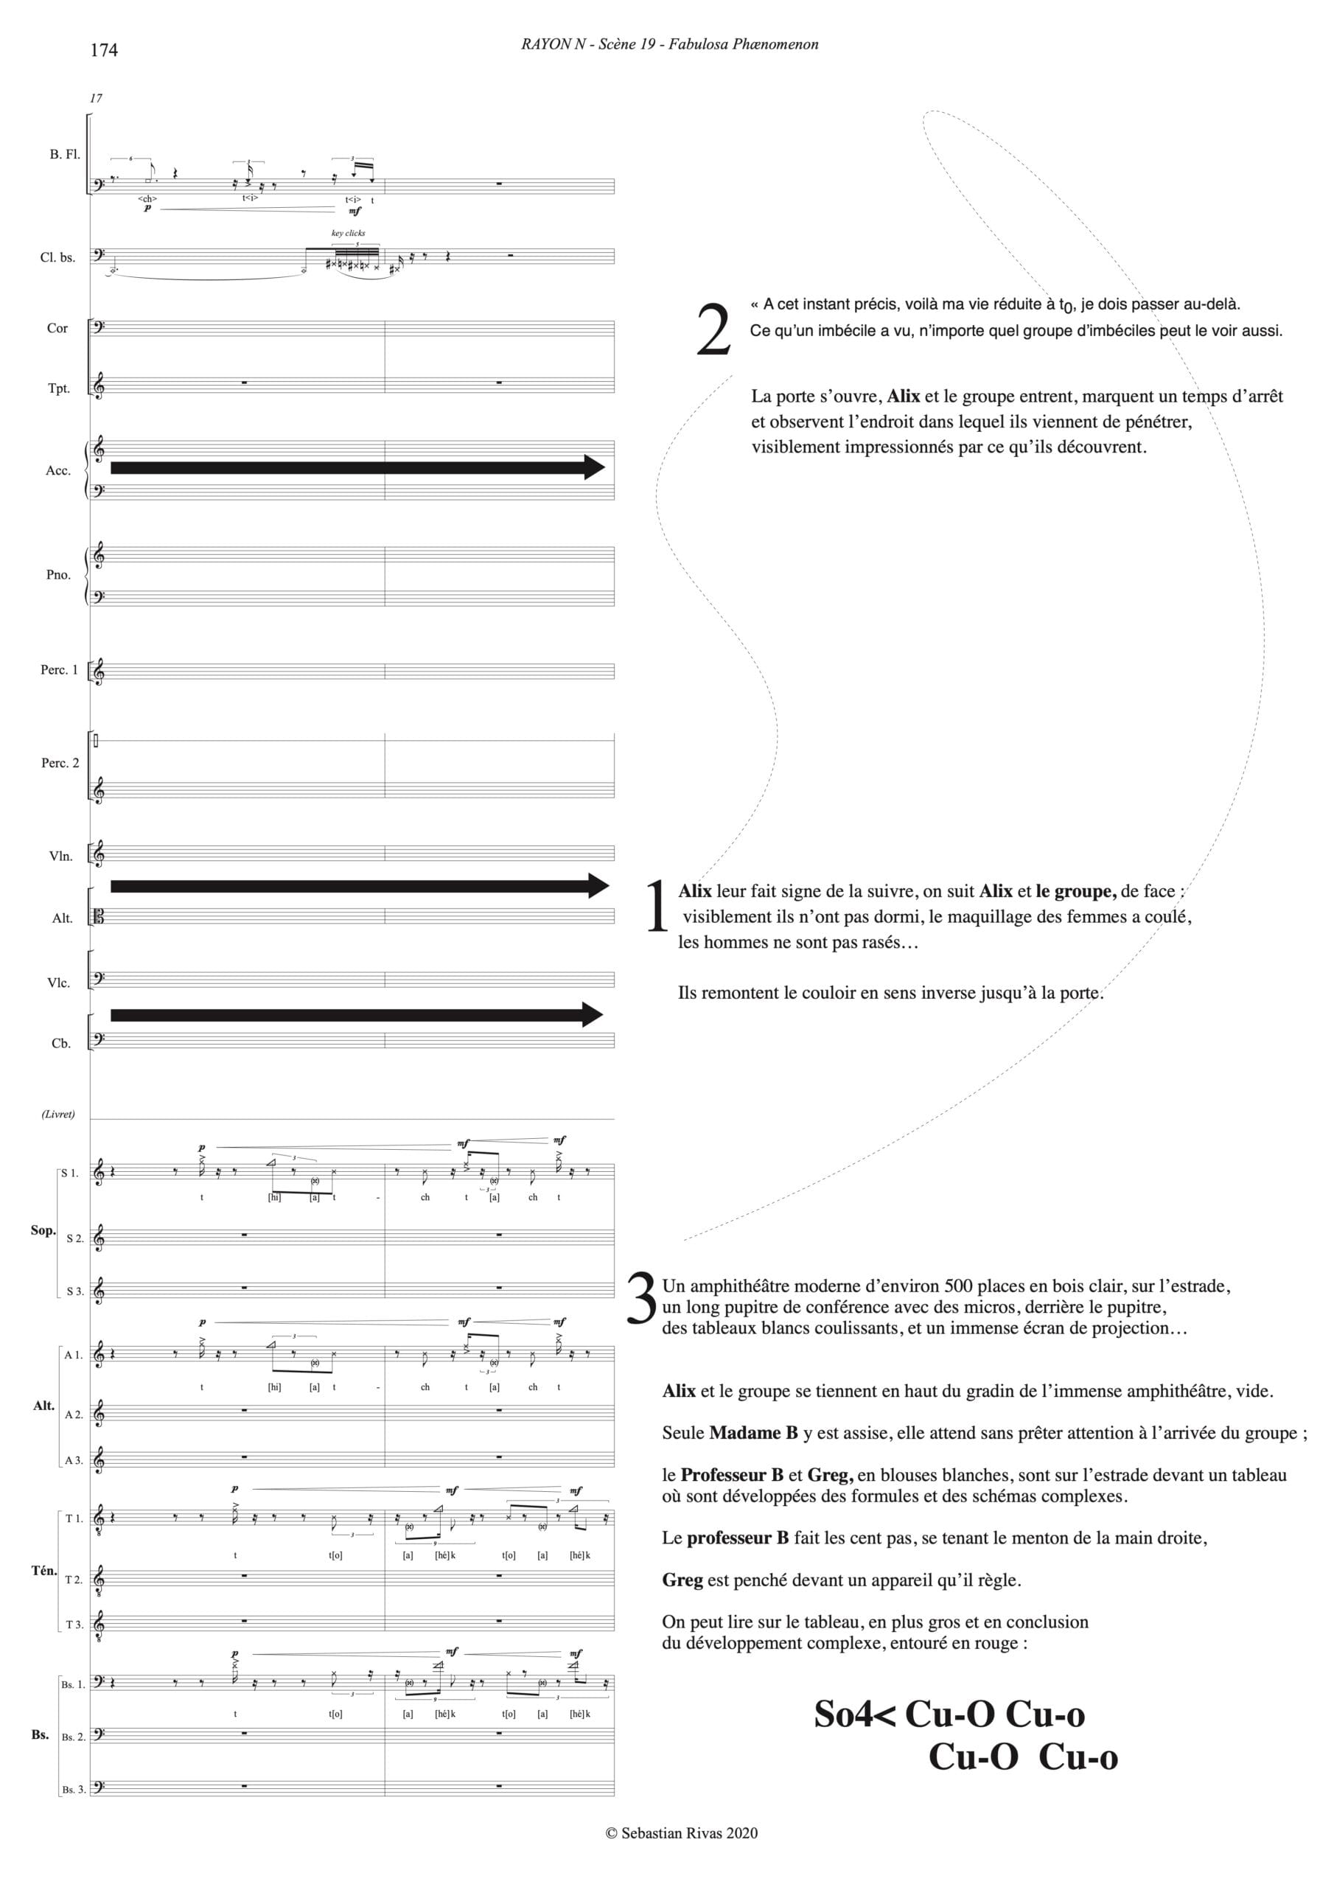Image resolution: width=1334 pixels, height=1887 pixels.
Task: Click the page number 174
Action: (104, 50)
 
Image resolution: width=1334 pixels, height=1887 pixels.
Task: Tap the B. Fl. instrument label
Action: (65, 155)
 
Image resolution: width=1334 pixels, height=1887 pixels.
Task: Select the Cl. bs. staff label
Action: (57, 257)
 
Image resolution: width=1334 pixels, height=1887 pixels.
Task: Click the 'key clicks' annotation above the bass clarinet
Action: (348, 234)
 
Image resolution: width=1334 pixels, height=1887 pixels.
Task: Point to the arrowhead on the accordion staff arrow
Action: (594, 467)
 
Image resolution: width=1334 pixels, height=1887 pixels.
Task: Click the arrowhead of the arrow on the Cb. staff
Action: (593, 1015)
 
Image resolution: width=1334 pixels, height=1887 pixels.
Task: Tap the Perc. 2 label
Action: (60, 763)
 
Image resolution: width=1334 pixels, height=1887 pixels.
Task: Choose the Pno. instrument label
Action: (58, 574)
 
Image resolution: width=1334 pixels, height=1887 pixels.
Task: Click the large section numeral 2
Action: (713, 329)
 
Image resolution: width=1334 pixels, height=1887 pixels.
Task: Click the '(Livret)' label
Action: (57, 1114)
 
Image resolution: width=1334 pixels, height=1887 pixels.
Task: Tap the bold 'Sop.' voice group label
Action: (43, 1230)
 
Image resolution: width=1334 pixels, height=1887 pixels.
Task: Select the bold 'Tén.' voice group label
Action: (43, 1571)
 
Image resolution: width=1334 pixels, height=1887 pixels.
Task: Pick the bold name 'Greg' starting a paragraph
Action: (682, 1580)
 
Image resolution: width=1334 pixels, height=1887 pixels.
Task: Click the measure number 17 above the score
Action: (96, 98)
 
